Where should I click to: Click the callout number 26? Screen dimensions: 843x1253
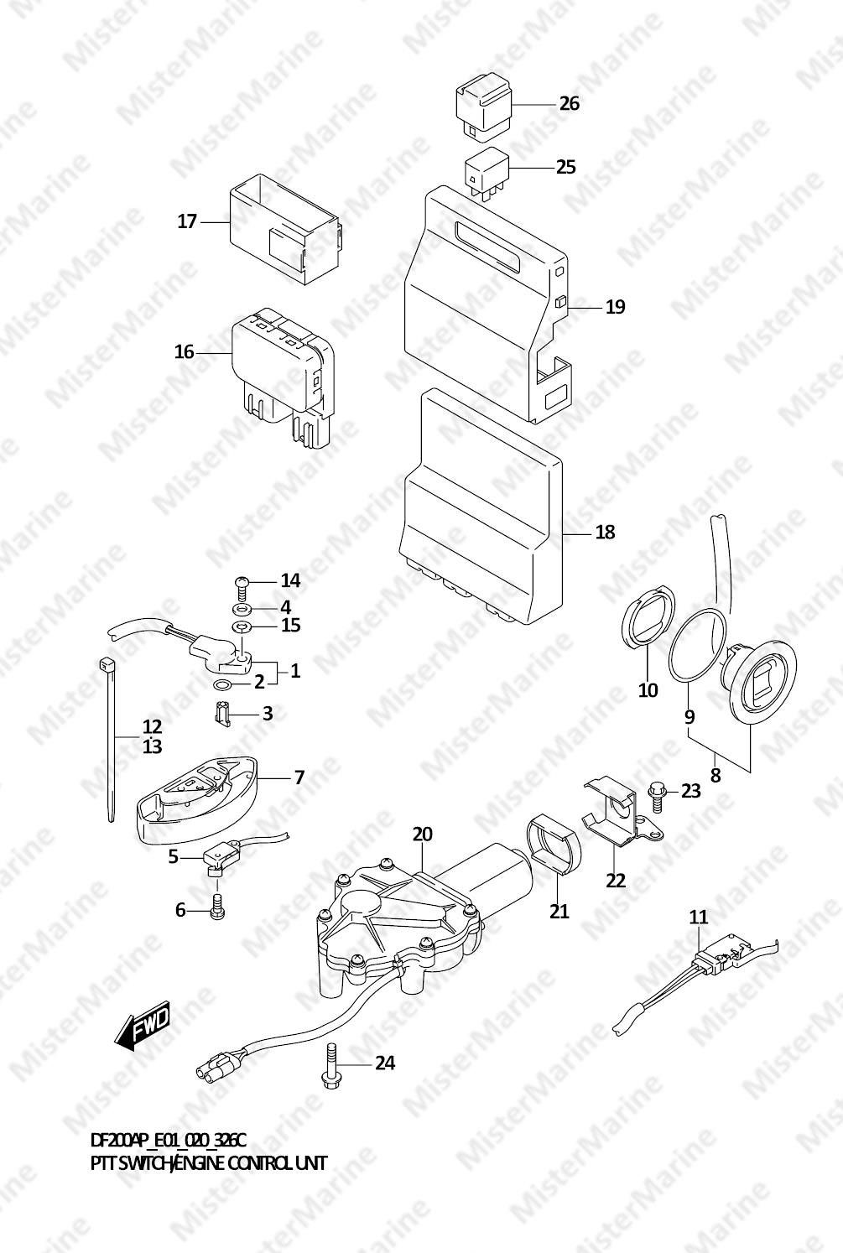point(570,103)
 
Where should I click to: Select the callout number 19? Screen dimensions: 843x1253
point(616,306)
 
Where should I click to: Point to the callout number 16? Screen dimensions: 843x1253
point(184,352)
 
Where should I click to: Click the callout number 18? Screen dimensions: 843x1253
point(606,532)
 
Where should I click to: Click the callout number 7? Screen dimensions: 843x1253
point(299,777)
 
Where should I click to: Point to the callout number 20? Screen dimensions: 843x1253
point(423,834)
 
